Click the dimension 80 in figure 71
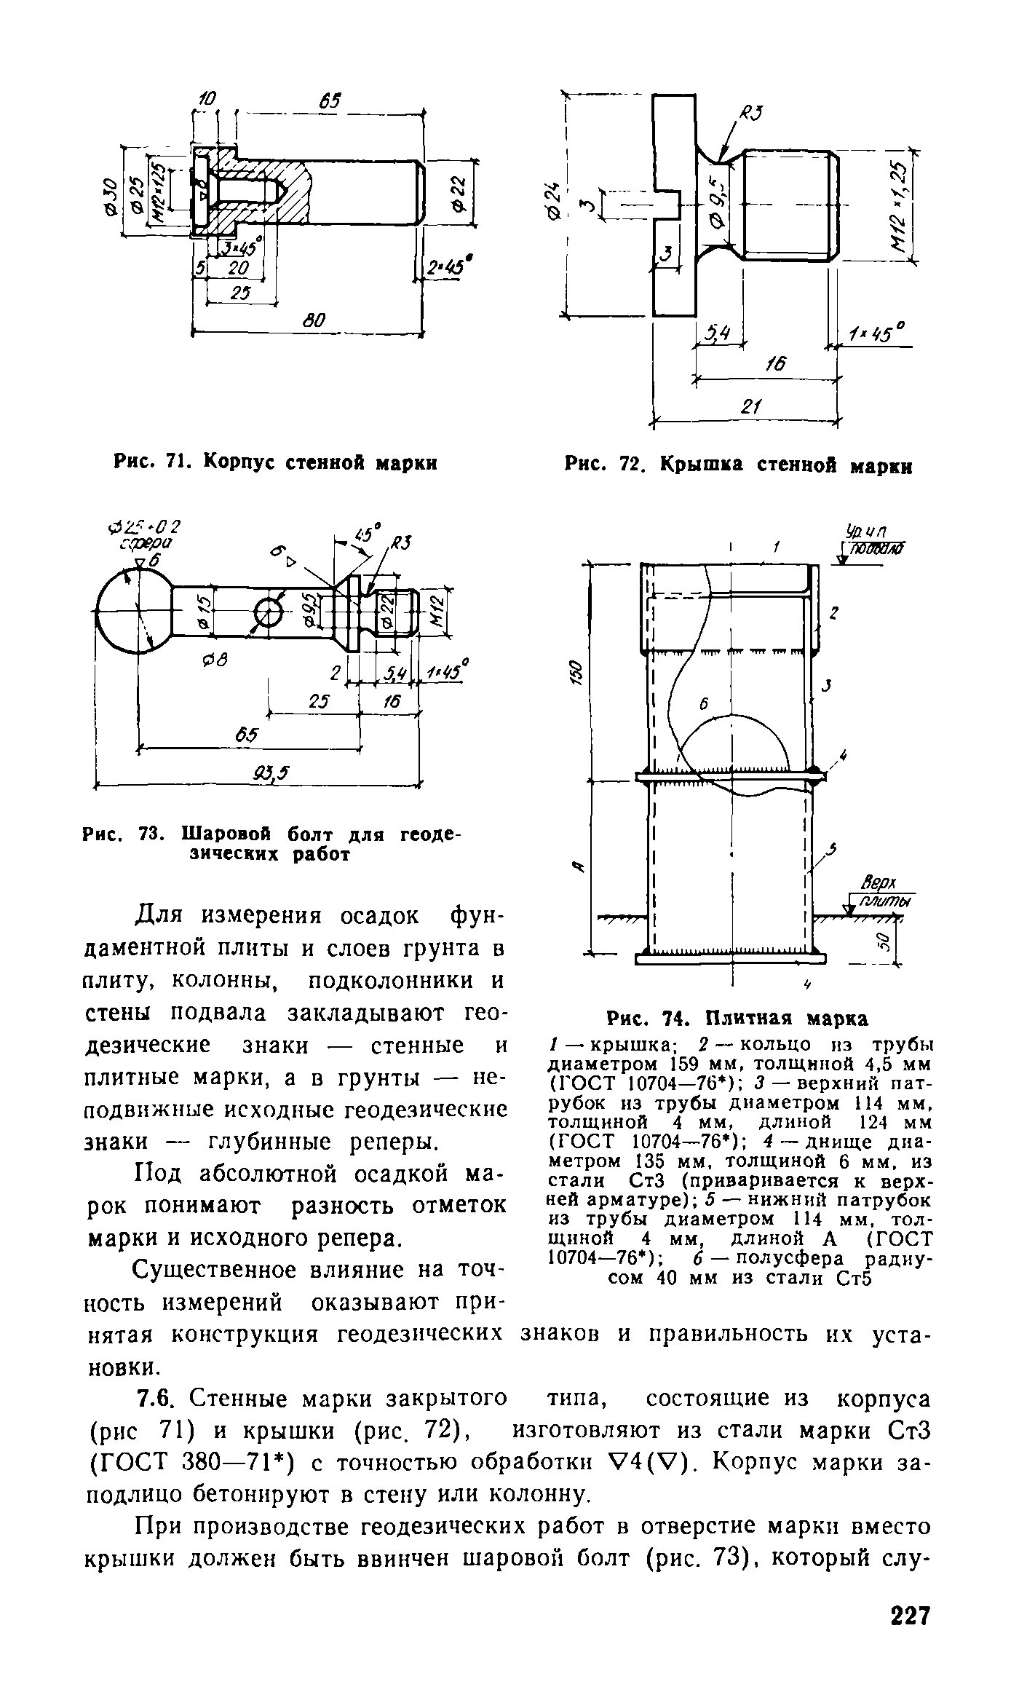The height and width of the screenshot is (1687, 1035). point(314,320)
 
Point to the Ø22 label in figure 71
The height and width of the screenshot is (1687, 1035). point(459,196)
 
